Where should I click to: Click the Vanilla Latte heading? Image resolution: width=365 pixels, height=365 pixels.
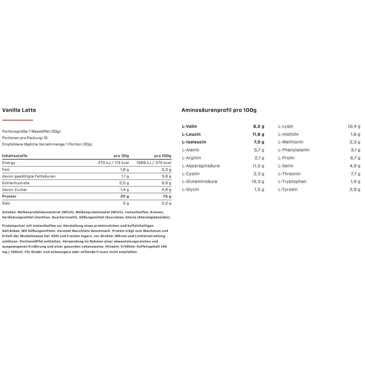click(x=19, y=110)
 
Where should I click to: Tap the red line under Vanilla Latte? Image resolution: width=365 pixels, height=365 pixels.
click(x=18, y=120)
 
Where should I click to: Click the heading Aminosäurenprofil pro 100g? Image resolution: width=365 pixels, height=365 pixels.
click(x=219, y=110)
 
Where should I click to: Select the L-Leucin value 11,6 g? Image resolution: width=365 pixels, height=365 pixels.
click(x=259, y=134)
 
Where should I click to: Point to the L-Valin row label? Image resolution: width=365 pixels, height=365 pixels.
click(x=189, y=126)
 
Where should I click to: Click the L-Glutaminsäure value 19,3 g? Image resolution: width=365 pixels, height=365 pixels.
click(x=258, y=182)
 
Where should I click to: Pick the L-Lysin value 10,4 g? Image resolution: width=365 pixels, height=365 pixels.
click(x=354, y=126)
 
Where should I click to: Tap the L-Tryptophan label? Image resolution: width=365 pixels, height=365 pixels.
click(x=292, y=182)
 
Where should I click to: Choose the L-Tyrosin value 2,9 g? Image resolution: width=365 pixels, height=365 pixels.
click(x=355, y=189)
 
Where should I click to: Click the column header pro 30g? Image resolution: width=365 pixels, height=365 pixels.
click(x=121, y=156)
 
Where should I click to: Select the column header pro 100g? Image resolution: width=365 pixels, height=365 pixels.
click(x=163, y=156)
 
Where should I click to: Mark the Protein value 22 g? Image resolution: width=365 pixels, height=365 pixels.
click(x=125, y=196)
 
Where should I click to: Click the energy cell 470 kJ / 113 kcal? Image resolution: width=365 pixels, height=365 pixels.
click(x=113, y=163)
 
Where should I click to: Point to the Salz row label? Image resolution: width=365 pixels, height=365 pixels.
click(x=6, y=203)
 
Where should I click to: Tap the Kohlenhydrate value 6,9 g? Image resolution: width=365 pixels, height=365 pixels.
click(x=166, y=183)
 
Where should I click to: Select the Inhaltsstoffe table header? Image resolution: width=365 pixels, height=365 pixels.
click(x=15, y=156)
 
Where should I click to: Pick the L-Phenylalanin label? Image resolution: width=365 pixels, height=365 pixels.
click(x=294, y=150)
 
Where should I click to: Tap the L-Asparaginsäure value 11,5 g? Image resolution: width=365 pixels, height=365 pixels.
click(x=259, y=166)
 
